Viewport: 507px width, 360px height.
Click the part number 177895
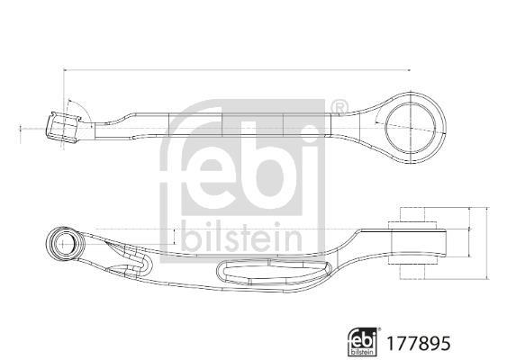(419, 343)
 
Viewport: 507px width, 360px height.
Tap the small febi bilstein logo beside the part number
(363, 342)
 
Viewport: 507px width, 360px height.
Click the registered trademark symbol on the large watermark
(340, 108)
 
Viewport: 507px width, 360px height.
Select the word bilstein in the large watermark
(242, 237)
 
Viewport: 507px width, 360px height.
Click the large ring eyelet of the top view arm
(411, 128)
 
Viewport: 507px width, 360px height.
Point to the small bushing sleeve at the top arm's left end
(62, 128)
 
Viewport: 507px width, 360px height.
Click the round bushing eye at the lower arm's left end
(66, 244)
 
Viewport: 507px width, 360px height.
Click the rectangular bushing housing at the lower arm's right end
(420, 243)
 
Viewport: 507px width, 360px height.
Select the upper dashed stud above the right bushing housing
(413, 214)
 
